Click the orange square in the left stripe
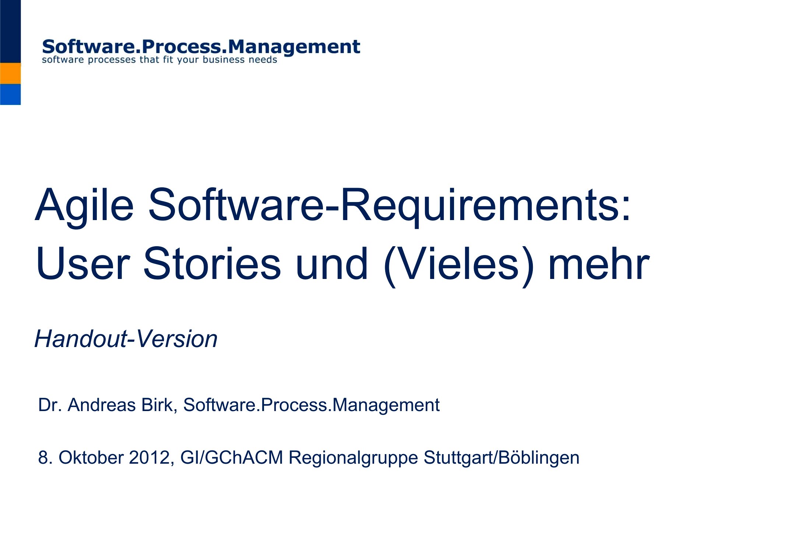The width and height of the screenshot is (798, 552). click(x=10, y=73)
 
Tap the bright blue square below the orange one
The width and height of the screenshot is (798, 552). click(x=10, y=95)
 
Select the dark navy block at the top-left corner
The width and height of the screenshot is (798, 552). click(x=10, y=31)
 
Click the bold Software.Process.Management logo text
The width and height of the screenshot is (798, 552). click(x=201, y=47)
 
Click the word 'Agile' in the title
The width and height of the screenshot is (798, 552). click(x=84, y=206)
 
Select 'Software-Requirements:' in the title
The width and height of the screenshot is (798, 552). click(x=389, y=206)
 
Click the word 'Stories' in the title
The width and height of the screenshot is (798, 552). click(x=212, y=263)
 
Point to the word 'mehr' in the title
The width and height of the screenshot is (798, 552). click(x=599, y=263)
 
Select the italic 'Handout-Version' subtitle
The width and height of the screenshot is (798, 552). click(x=126, y=339)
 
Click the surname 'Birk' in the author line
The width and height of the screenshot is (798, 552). click(x=159, y=405)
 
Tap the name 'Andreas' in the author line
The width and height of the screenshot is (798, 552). click(x=102, y=405)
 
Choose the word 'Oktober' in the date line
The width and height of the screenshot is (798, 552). click(x=91, y=457)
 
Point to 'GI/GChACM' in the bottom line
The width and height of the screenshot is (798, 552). click(x=232, y=458)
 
